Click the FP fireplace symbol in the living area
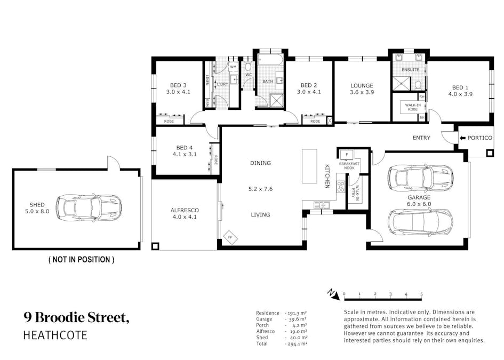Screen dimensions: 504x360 [230, 237]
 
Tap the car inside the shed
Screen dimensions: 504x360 [89, 207]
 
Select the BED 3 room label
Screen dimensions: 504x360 [178, 85]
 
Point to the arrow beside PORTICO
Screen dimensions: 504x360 [462, 138]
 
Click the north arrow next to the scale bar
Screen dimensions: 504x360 [333, 294]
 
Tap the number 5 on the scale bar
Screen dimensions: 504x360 [421, 294]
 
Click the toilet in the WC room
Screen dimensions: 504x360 [248, 67]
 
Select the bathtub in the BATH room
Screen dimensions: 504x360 [270, 60]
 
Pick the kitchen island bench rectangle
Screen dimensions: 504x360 [309, 166]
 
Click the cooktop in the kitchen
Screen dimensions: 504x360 [341, 187]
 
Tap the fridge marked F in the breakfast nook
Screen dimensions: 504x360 [347, 155]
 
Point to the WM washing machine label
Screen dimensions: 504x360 [233, 67]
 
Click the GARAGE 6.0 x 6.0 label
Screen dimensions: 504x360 [419, 201]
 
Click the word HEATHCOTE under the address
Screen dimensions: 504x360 [55, 335]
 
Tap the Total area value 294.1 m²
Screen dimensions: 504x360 [296, 343]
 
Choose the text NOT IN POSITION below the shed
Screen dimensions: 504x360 [81, 259]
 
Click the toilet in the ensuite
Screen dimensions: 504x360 [418, 85]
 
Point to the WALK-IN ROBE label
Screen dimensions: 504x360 [413, 107]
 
